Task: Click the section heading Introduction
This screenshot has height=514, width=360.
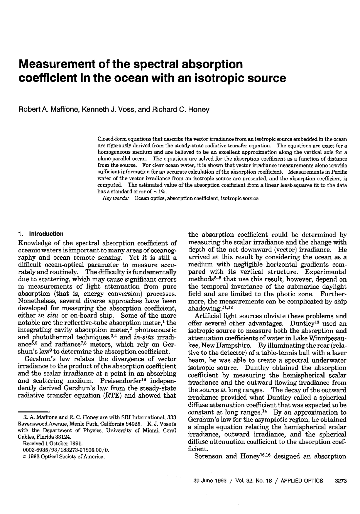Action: (x=46, y=234)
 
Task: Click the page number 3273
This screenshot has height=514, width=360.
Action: (x=341, y=481)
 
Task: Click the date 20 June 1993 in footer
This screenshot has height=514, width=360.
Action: (x=210, y=481)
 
